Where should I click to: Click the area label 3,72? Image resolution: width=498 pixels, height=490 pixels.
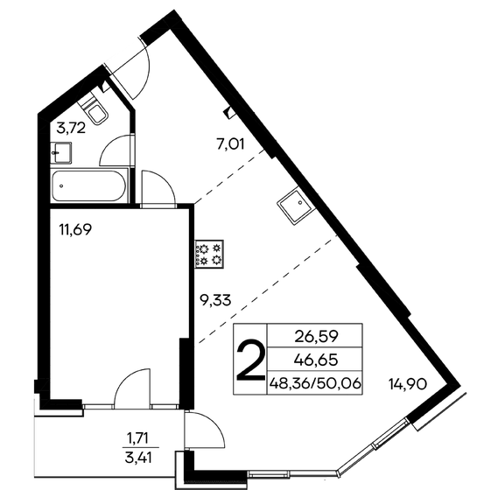tap(70, 129)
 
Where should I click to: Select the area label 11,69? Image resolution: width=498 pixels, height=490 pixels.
tap(76, 231)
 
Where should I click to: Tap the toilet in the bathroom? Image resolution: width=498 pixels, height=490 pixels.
tap(98, 109)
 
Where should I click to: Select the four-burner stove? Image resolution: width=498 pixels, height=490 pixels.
tap(210, 253)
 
